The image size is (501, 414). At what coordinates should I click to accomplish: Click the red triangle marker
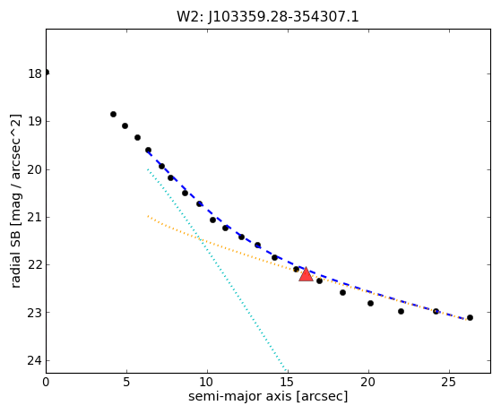tap(306, 275)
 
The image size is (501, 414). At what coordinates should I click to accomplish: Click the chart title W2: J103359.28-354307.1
tap(268, 17)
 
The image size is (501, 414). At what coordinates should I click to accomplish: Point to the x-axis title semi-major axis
tap(239, 396)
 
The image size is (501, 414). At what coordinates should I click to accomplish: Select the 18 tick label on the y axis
tap(35, 73)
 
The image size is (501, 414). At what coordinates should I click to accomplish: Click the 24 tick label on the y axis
tap(35, 360)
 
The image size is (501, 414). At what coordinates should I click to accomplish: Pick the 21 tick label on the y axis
tap(35, 217)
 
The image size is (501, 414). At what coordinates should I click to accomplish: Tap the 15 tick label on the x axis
tap(288, 382)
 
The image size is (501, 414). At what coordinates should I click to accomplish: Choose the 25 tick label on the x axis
tap(449, 382)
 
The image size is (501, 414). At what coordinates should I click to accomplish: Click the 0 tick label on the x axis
tap(46, 382)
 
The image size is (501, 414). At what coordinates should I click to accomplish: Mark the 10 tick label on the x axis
tap(207, 382)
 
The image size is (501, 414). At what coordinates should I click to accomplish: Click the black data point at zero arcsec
tap(47, 73)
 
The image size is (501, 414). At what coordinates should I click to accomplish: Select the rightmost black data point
tap(470, 317)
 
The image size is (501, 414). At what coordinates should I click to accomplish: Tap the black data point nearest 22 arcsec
tap(401, 311)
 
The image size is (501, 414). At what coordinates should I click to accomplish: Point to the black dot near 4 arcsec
tap(113, 114)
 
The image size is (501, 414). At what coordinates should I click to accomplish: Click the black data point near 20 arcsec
tap(370, 303)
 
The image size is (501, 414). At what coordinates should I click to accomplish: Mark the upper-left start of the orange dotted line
tap(148, 216)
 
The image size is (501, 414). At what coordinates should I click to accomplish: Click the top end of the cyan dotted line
tap(148, 169)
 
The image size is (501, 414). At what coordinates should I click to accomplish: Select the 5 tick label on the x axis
tap(126, 382)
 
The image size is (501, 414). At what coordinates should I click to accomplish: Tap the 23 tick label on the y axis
tap(35, 313)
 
